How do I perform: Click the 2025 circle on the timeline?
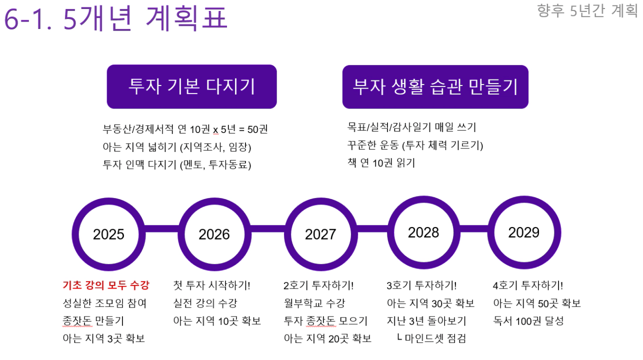pyautogui.click(x=75, y=234)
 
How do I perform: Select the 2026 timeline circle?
pyautogui.click(x=181, y=234)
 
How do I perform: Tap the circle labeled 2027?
pyautogui.click(x=288, y=234)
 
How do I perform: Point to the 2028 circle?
pyautogui.click(x=391, y=232)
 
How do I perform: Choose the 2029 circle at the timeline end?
pyautogui.click(x=491, y=232)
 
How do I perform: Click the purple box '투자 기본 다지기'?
pyautogui.click(x=192, y=86)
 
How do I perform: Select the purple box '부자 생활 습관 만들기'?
pyautogui.click(x=435, y=86)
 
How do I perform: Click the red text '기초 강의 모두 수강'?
pyautogui.click(x=106, y=285)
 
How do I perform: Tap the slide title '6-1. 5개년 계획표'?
pyautogui.click(x=116, y=18)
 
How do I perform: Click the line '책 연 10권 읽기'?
pyautogui.click(x=381, y=163)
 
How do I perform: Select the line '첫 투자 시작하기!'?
pyautogui.click(x=212, y=285)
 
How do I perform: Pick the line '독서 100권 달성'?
pyautogui.click(x=528, y=320)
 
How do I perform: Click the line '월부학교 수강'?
pyautogui.click(x=314, y=303)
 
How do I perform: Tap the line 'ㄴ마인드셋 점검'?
pyautogui.click(x=431, y=338)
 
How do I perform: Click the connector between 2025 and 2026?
pyautogui.click(x=161, y=229)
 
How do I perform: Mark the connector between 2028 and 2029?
pyautogui.click(x=474, y=229)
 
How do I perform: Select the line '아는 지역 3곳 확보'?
pyautogui.click(x=103, y=338)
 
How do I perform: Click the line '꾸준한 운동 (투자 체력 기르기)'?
pyautogui.click(x=415, y=145)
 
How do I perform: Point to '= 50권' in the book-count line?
pyautogui.click(x=253, y=129)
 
